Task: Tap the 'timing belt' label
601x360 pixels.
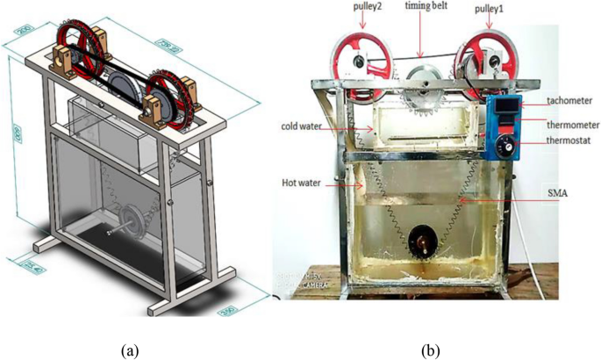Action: (x=424, y=7)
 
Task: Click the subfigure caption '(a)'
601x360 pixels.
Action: (x=130, y=349)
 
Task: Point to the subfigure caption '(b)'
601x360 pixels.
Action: (x=432, y=349)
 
